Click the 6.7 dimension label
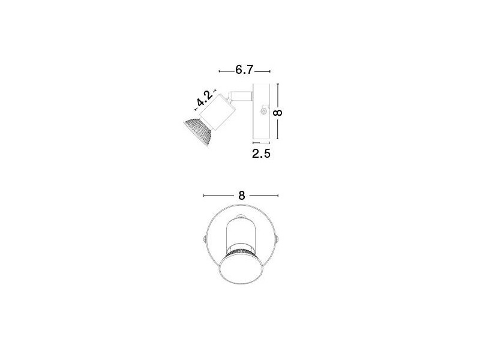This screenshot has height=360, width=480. [x=244, y=70]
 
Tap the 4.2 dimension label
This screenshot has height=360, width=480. [x=205, y=100]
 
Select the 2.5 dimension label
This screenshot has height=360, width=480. [x=262, y=154]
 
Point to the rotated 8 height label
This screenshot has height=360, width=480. [x=278, y=112]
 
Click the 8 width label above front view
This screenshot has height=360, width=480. [x=241, y=196]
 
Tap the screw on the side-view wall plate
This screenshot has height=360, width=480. [x=263, y=112]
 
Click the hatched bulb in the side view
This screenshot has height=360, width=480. [x=198, y=131]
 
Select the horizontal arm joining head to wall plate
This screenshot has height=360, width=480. [x=241, y=94]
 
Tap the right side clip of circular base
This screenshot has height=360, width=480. [x=278, y=239]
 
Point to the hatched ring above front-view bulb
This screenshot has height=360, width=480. [x=241, y=249]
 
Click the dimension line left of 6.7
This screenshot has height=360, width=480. [x=226, y=71]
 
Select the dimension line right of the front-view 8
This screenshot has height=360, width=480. [x=264, y=196]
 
